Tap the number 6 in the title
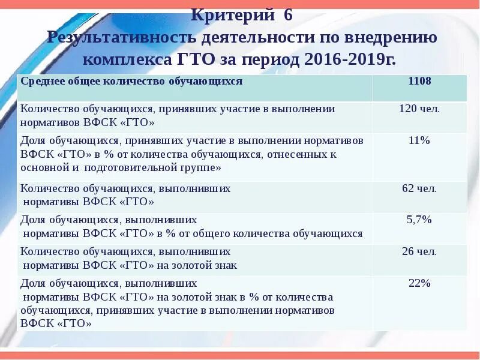(x=288, y=15)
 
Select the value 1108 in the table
(x=419, y=81)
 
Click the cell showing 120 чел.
(x=419, y=109)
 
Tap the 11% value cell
(x=419, y=141)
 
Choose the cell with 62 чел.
(x=419, y=188)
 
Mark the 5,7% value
(x=419, y=220)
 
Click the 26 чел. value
(x=419, y=251)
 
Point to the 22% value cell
(x=419, y=283)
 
